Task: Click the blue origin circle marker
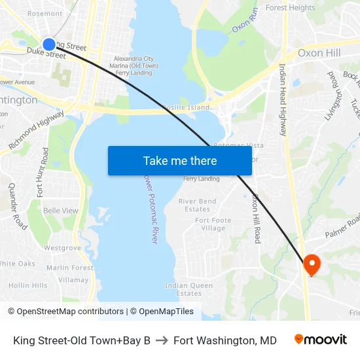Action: (49, 44)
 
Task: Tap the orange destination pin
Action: (312, 264)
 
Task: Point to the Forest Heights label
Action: (290, 8)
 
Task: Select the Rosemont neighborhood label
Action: (45, 13)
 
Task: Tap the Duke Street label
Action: (46, 55)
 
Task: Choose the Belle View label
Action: (60, 211)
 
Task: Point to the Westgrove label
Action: (63, 248)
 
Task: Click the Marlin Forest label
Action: (70, 267)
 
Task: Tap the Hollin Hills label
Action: (28, 285)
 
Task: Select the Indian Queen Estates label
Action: (189, 289)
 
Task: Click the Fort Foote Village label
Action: (213, 225)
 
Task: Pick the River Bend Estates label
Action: (198, 206)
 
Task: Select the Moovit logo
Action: (320, 340)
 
